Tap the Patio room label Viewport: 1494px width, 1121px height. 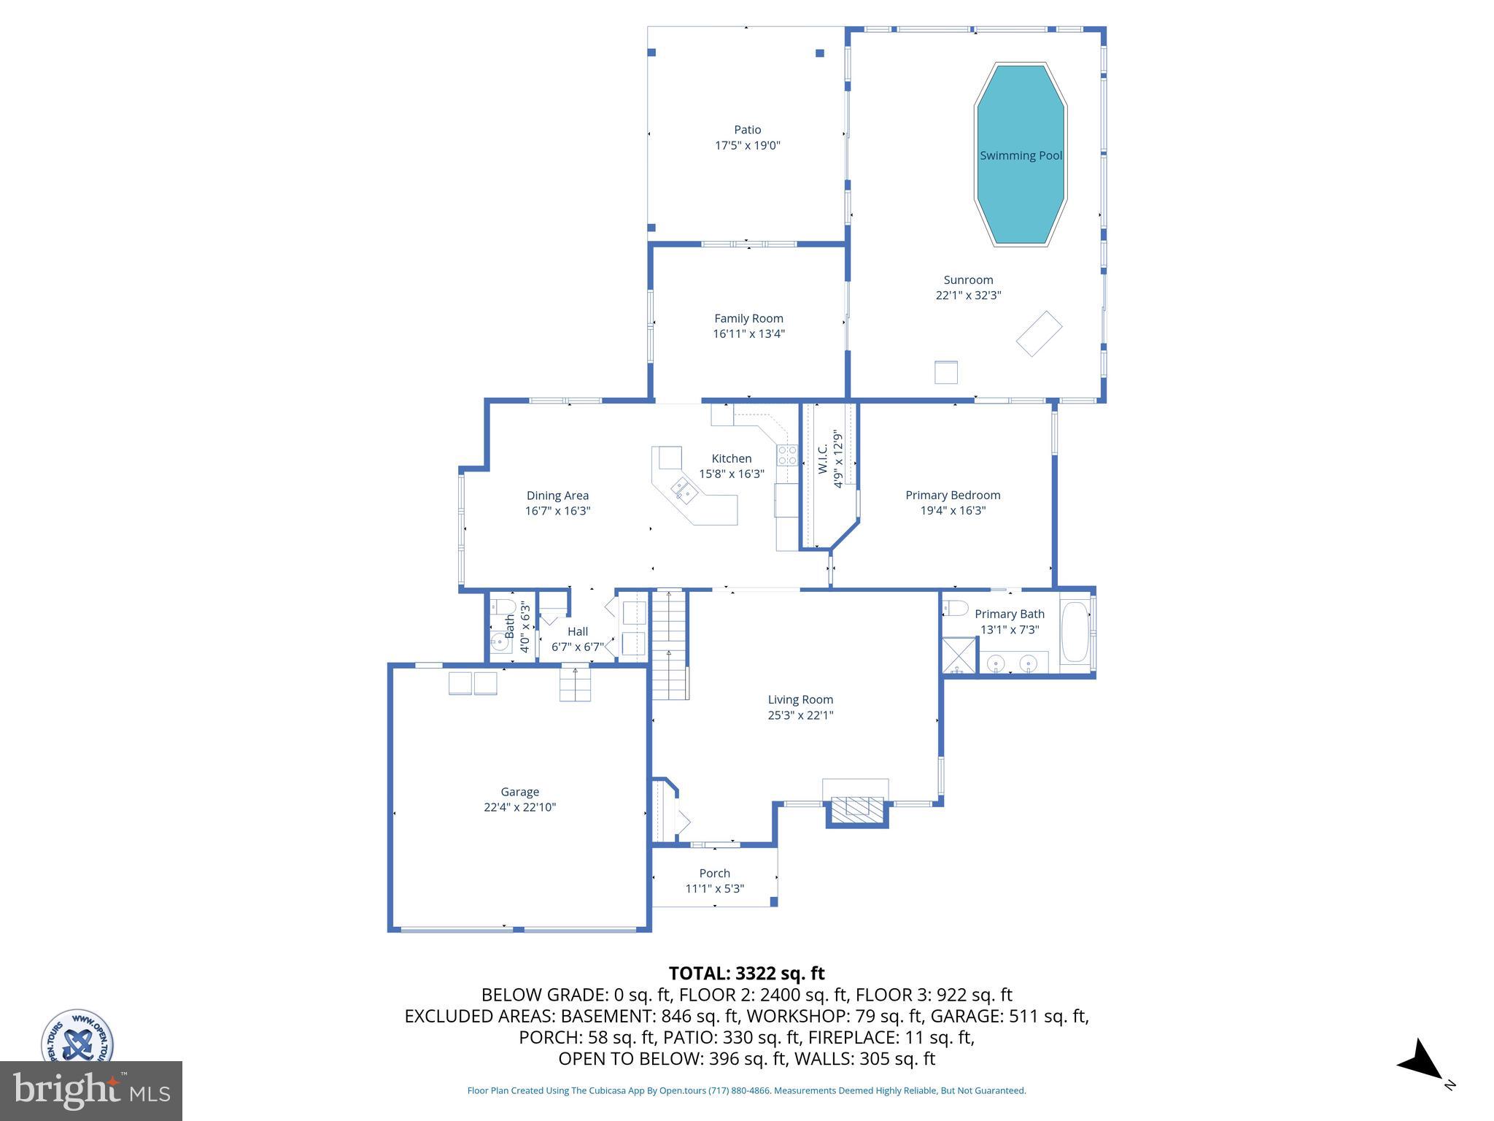[x=747, y=130]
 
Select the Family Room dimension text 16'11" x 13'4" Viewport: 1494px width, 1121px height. [x=748, y=334]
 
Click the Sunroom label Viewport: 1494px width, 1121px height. [x=968, y=280]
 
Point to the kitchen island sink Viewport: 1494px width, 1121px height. [x=684, y=488]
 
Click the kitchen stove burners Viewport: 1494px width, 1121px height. [x=787, y=455]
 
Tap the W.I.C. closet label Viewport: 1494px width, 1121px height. [x=823, y=459]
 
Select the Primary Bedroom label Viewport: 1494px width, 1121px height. [x=953, y=496]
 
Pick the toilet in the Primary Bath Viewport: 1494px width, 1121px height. [x=955, y=608]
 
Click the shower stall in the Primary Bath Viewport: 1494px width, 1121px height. [x=959, y=655]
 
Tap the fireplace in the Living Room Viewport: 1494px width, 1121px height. [x=856, y=806]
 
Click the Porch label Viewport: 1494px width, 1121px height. [x=714, y=874]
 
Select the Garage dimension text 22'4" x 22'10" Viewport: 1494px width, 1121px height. [x=519, y=807]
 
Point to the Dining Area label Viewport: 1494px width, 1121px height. [x=557, y=496]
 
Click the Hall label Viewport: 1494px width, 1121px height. [x=578, y=632]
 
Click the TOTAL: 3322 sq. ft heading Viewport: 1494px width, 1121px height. [x=746, y=974]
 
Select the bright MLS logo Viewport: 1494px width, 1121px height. [x=91, y=1091]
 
